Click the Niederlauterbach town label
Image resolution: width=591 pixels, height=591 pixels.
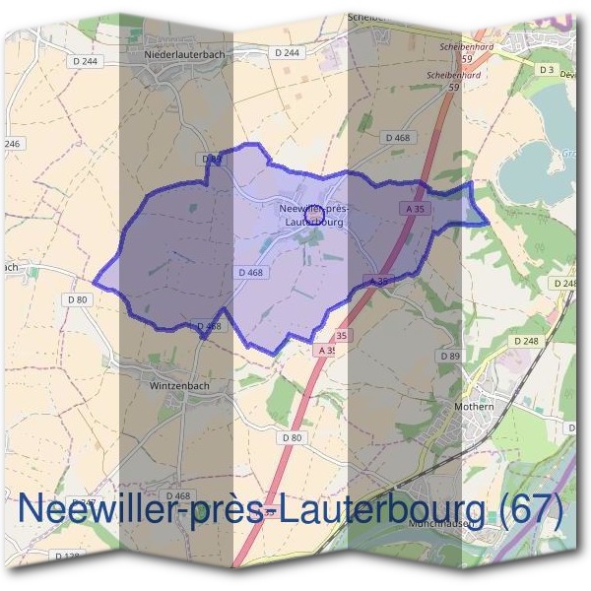coord(184,55)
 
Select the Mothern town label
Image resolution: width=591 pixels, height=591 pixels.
coord(475,405)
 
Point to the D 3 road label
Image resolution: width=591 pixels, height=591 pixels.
coord(547,69)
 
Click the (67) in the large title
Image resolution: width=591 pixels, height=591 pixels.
coord(532,510)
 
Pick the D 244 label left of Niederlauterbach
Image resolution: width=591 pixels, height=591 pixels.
coord(85,61)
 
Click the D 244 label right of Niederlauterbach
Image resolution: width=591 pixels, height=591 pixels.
coord(287,52)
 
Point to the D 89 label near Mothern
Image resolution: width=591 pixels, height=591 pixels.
coord(449,355)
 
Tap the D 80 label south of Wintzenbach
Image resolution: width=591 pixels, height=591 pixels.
coord(291,436)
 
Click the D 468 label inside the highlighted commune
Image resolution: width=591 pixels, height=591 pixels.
coord(251,272)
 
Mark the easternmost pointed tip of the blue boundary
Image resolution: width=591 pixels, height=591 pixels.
coord(489,224)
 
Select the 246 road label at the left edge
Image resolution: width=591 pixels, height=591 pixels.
coord(12,144)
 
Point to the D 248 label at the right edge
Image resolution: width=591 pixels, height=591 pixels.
coord(565,283)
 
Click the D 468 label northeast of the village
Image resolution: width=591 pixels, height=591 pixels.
coord(398,137)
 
